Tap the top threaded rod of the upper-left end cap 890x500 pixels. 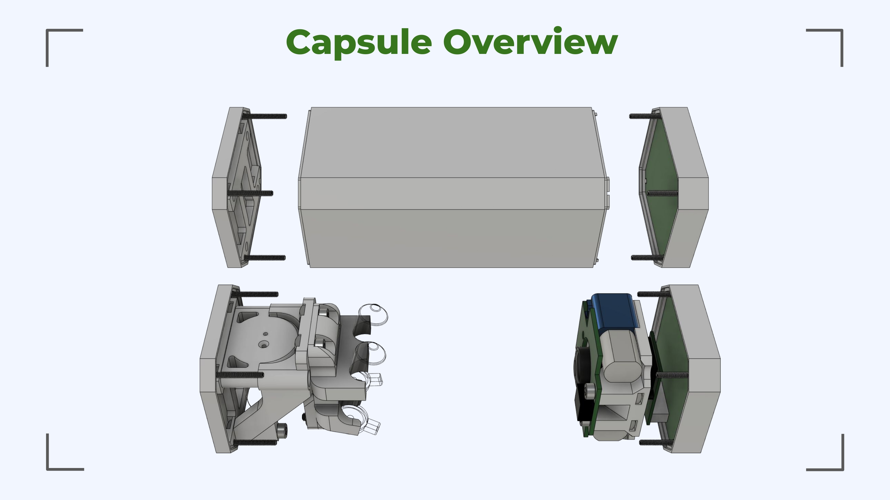click(264, 116)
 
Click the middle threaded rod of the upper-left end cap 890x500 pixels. click(251, 193)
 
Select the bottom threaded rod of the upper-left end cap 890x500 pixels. click(265, 257)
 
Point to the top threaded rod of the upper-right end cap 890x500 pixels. click(645, 116)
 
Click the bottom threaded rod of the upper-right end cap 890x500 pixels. click(647, 258)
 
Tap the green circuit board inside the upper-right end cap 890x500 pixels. click(660, 193)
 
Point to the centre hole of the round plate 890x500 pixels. click(264, 345)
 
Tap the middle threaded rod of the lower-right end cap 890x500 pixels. click(671, 374)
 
